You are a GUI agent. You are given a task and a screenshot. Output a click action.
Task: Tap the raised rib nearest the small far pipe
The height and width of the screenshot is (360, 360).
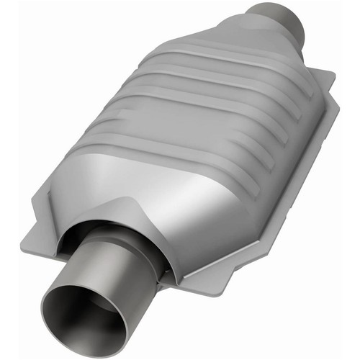[x=238, y=68]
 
